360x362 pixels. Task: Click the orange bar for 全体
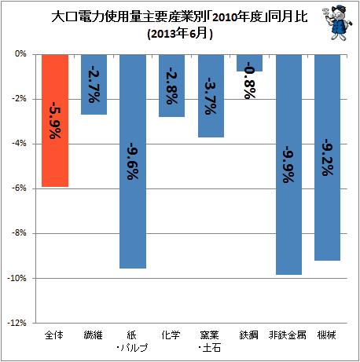55,121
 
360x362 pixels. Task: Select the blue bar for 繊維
94,85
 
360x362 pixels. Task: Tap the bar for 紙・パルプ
133,162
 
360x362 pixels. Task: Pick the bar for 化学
171,86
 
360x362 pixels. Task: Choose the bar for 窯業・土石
211,96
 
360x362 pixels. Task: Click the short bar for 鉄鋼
249,63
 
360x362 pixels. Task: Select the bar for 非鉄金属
288,165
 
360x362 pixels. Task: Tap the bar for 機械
328,158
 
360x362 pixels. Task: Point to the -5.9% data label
55,120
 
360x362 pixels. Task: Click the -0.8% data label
250,81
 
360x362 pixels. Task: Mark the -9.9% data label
288,164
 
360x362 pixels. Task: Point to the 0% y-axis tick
20,54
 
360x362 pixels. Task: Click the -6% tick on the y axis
19,188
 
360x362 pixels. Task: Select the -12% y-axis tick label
17,323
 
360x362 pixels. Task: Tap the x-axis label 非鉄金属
288,335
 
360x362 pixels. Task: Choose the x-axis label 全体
54,335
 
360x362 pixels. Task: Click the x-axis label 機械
326,335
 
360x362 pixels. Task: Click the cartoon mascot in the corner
338,23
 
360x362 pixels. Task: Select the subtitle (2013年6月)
180,34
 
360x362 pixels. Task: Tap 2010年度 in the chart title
237,17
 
